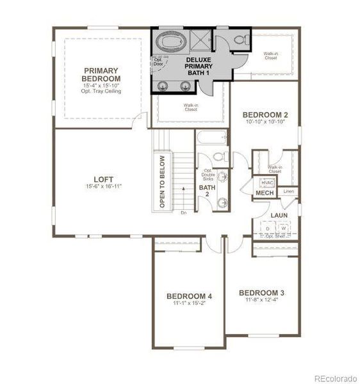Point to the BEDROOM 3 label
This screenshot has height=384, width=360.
click(261, 293)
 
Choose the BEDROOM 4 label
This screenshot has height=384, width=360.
click(189, 296)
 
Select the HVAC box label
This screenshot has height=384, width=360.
click(267, 182)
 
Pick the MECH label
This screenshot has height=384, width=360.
click(265, 193)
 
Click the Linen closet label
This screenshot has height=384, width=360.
click(288, 191)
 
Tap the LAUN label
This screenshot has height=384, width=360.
click(278, 215)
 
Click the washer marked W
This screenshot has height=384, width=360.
click(283, 228)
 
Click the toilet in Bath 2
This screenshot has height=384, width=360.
click(218, 157)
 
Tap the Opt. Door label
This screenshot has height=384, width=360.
click(158, 63)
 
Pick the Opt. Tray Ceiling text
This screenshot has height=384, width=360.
click(102, 92)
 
